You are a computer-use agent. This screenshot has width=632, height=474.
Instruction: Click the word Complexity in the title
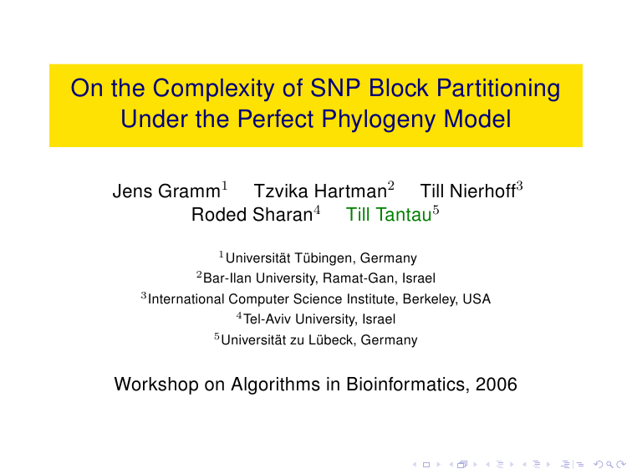[x=213, y=89]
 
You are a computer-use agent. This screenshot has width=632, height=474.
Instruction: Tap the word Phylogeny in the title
[x=379, y=120]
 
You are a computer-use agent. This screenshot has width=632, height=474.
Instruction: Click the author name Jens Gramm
[x=166, y=191]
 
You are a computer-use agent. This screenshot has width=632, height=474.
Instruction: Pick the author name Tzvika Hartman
[x=320, y=191]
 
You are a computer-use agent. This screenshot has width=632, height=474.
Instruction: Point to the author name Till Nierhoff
[x=468, y=191]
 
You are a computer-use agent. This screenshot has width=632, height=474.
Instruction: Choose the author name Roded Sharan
[x=252, y=214]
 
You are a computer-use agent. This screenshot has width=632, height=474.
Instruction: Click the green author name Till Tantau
[x=389, y=214]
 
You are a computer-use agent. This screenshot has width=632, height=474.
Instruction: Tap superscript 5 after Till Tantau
[x=436, y=210]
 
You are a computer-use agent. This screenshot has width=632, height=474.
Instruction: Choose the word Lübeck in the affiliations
[x=332, y=339]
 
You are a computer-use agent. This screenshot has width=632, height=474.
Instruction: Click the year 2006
[x=497, y=384]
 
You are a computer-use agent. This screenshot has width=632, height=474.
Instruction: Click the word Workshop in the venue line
[x=156, y=384]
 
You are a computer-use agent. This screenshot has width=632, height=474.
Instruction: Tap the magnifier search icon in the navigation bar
[x=609, y=465]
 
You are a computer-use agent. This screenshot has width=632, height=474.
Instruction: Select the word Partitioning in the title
[x=498, y=89]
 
